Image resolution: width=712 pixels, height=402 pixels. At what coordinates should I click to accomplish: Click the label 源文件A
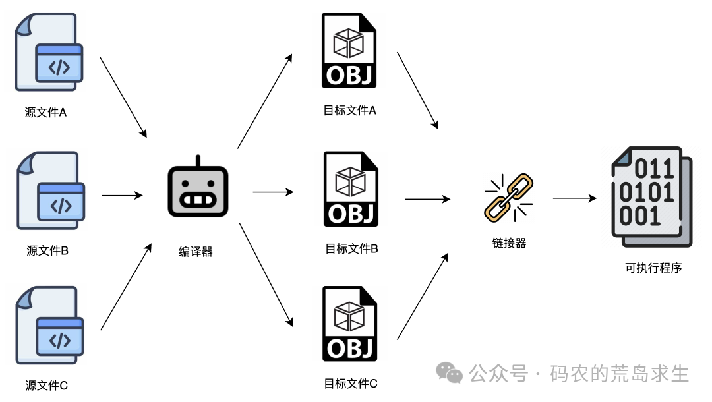pos(46,113)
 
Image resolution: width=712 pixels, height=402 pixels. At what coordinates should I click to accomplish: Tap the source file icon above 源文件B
pos(49,191)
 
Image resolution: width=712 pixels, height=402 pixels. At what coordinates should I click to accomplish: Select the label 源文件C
pos(47,386)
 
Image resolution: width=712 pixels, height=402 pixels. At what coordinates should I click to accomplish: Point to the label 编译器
pos(196,252)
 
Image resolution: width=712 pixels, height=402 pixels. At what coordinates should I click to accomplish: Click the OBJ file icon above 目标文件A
pos(349,50)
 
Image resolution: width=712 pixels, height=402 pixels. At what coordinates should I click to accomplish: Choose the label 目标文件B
pos(351,249)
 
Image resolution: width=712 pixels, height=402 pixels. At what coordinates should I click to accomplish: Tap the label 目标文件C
pos(351,383)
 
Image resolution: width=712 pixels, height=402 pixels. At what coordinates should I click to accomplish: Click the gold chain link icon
pos(508,196)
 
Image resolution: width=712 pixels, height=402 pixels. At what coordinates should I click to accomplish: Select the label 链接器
pos(509,243)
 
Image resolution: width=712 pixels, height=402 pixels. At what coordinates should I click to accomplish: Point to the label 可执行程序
pos(653,268)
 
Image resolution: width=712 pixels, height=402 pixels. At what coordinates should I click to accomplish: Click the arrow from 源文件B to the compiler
pos(122,195)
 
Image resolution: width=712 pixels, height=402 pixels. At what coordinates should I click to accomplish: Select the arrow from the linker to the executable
pos(576,198)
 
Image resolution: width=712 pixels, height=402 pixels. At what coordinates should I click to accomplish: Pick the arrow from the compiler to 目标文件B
pos(273,192)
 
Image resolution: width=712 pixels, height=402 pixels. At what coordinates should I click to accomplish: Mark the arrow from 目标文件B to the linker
pos(428,198)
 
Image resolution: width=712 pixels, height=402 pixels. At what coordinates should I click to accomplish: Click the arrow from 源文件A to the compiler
pos(123,97)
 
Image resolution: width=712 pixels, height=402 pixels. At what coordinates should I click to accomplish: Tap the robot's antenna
pos(198,161)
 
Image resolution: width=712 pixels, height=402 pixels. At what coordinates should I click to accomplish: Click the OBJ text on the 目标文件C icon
pos(349,347)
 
